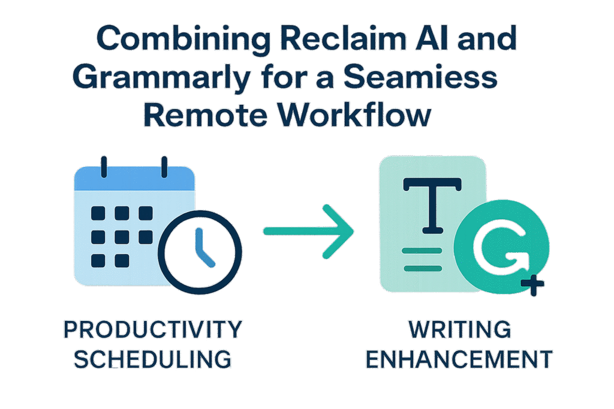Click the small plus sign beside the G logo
(532, 286)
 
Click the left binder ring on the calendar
(104, 166)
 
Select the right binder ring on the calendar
(163, 166)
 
